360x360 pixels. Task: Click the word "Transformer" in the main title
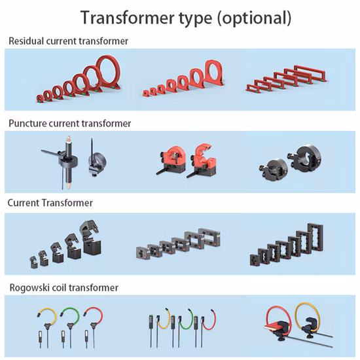click(128, 18)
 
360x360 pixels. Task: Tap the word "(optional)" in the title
click(255, 18)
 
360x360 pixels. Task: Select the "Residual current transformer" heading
click(68, 41)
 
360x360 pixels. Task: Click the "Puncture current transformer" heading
click(70, 123)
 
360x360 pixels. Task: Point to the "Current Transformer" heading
click(50, 203)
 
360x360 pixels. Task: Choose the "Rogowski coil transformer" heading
click(64, 287)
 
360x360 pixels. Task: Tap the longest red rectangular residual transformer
click(310, 73)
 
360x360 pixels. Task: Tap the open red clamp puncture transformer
click(204, 161)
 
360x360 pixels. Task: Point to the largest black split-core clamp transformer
click(90, 236)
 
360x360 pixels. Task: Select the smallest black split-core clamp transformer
click(33, 262)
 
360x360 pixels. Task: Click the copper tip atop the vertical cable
click(68, 138)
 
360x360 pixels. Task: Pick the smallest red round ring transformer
click(40, 98)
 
